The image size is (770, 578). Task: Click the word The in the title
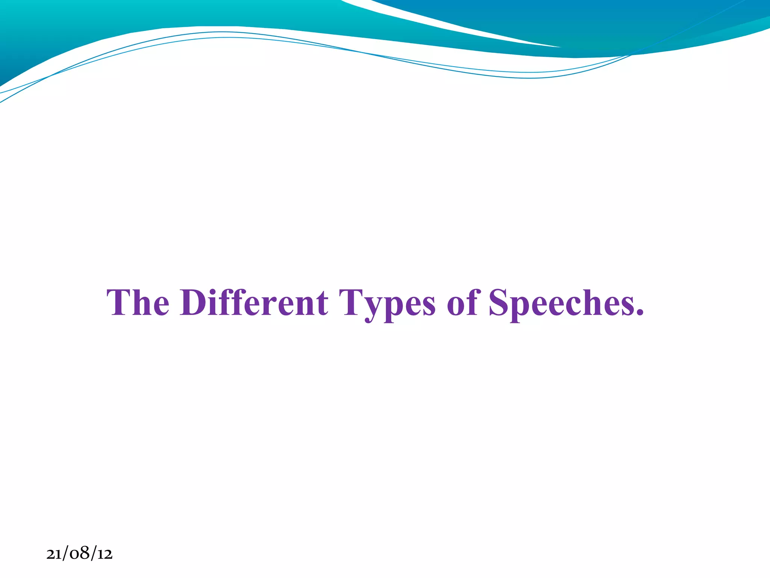pos(138,303)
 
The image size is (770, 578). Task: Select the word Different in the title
pos(254,303)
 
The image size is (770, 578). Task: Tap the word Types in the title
pos(387,303)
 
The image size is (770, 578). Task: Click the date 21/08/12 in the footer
pos(79,554)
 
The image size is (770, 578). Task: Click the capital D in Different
pos(193,303)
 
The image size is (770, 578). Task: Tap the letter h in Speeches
pos(590,303)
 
